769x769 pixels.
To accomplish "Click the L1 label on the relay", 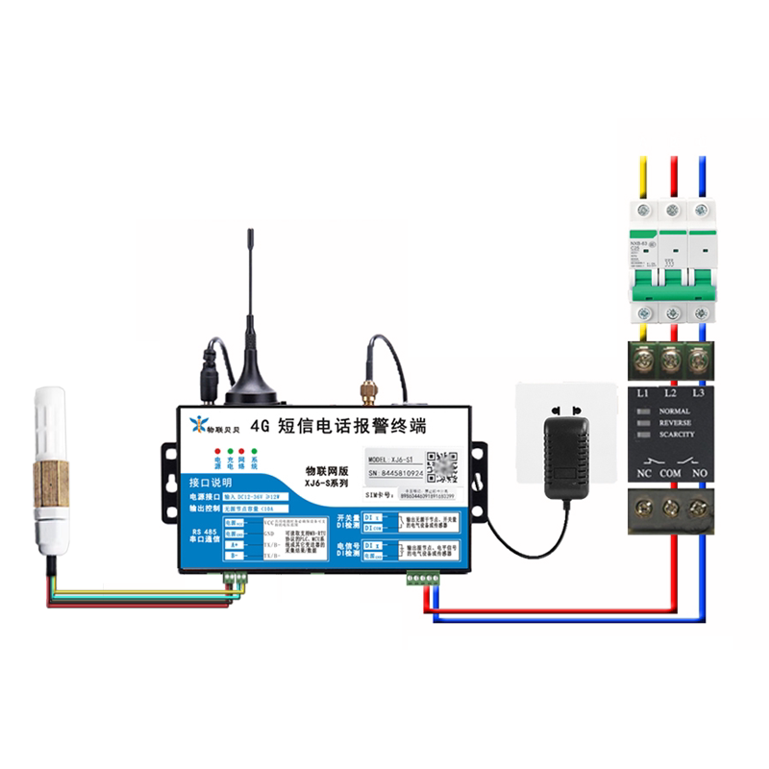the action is pos(642,395).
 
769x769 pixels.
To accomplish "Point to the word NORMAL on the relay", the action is pos(676,411).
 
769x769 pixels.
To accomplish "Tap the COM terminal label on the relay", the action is pos(671,473).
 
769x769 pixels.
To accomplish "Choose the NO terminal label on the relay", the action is pos(702,473).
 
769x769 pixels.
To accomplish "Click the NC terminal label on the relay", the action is pos(641,473).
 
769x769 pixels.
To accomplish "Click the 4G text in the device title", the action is pos(257,425).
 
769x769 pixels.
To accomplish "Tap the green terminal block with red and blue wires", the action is pos(422,579).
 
